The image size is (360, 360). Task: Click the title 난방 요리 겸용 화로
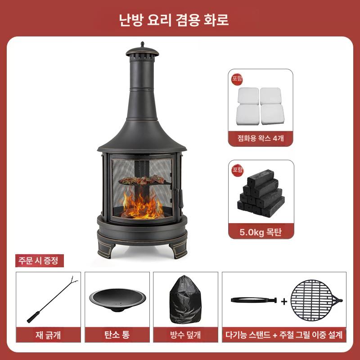pos(180,20)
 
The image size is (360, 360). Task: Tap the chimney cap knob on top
pos(142,45)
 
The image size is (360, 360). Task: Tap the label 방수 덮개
pos(185,335)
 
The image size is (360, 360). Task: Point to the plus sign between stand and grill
pos(284,301)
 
